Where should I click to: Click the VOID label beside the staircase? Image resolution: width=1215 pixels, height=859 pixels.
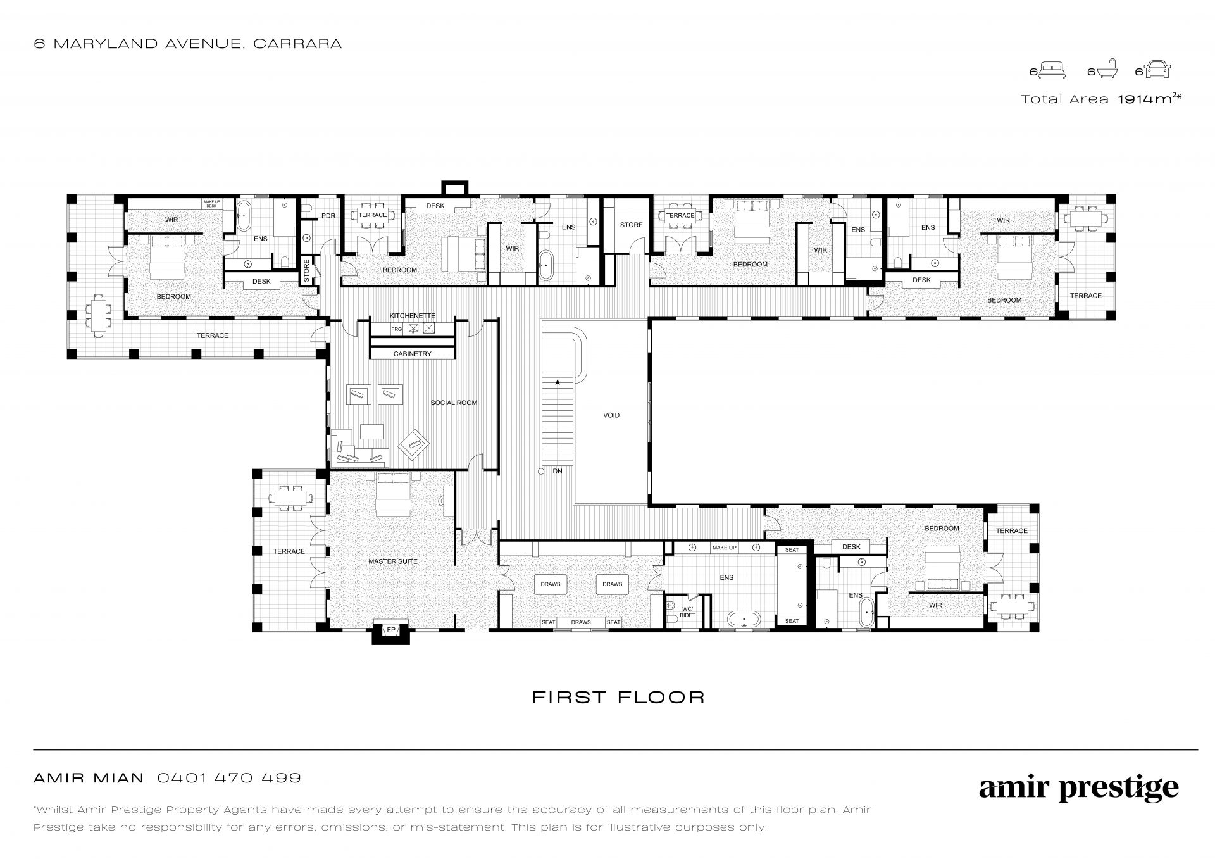coord(611,415)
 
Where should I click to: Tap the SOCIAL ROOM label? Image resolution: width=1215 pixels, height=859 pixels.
coord(454,403)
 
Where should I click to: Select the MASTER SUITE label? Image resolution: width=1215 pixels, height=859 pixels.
coord(393,561)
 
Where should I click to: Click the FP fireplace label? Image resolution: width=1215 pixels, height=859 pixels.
coord(391,630)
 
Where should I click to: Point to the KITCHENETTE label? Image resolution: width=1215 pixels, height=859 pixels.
coord(412,316)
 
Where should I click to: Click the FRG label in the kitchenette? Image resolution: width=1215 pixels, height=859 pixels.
coord(397,329)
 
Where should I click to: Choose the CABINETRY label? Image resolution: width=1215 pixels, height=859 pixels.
coord(412,354)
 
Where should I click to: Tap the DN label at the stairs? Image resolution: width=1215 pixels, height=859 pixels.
coord(558,471)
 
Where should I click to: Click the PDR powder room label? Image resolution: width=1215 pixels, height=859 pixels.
coord(328,216)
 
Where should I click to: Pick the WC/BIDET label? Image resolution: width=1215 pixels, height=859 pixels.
coord(687,612)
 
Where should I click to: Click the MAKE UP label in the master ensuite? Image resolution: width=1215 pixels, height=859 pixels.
coord(724,548)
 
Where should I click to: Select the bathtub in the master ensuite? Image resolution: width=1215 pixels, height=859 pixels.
coord(744,618)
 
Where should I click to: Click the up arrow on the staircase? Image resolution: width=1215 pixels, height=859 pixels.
coord(558,382)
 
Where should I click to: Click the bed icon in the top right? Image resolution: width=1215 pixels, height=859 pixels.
coord(1053,70)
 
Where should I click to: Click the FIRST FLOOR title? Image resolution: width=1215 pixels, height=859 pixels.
coord(618,698)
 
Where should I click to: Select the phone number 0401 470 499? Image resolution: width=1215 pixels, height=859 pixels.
coord(229,778)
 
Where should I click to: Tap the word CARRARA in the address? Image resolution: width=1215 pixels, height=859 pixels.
coord(297,44)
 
